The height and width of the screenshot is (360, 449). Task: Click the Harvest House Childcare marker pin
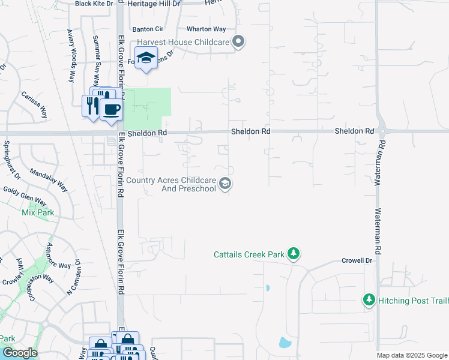tap(238, 42)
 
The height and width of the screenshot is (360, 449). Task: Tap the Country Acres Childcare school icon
tap(225, 184)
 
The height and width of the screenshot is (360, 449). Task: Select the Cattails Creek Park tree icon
tap(293, 254)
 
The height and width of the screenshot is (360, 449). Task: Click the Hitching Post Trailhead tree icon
tap(369, 299)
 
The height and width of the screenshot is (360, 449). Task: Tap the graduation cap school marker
tap(145, 59)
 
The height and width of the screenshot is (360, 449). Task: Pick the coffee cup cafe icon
tap(111, 109)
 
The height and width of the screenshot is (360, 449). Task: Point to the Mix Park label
tap(38, 212)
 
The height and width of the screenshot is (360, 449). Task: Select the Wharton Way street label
tap(206, 29)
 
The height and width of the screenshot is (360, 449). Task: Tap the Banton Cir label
tap(148, 29)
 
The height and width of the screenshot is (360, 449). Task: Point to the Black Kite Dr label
tap(94, 4)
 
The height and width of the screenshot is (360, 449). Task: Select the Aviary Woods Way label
tap(71, 55)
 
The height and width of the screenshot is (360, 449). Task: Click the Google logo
tap(19, 353)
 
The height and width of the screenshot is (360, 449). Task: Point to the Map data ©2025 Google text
tap(412, 355)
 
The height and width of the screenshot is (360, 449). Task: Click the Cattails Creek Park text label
tap(249, 254)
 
